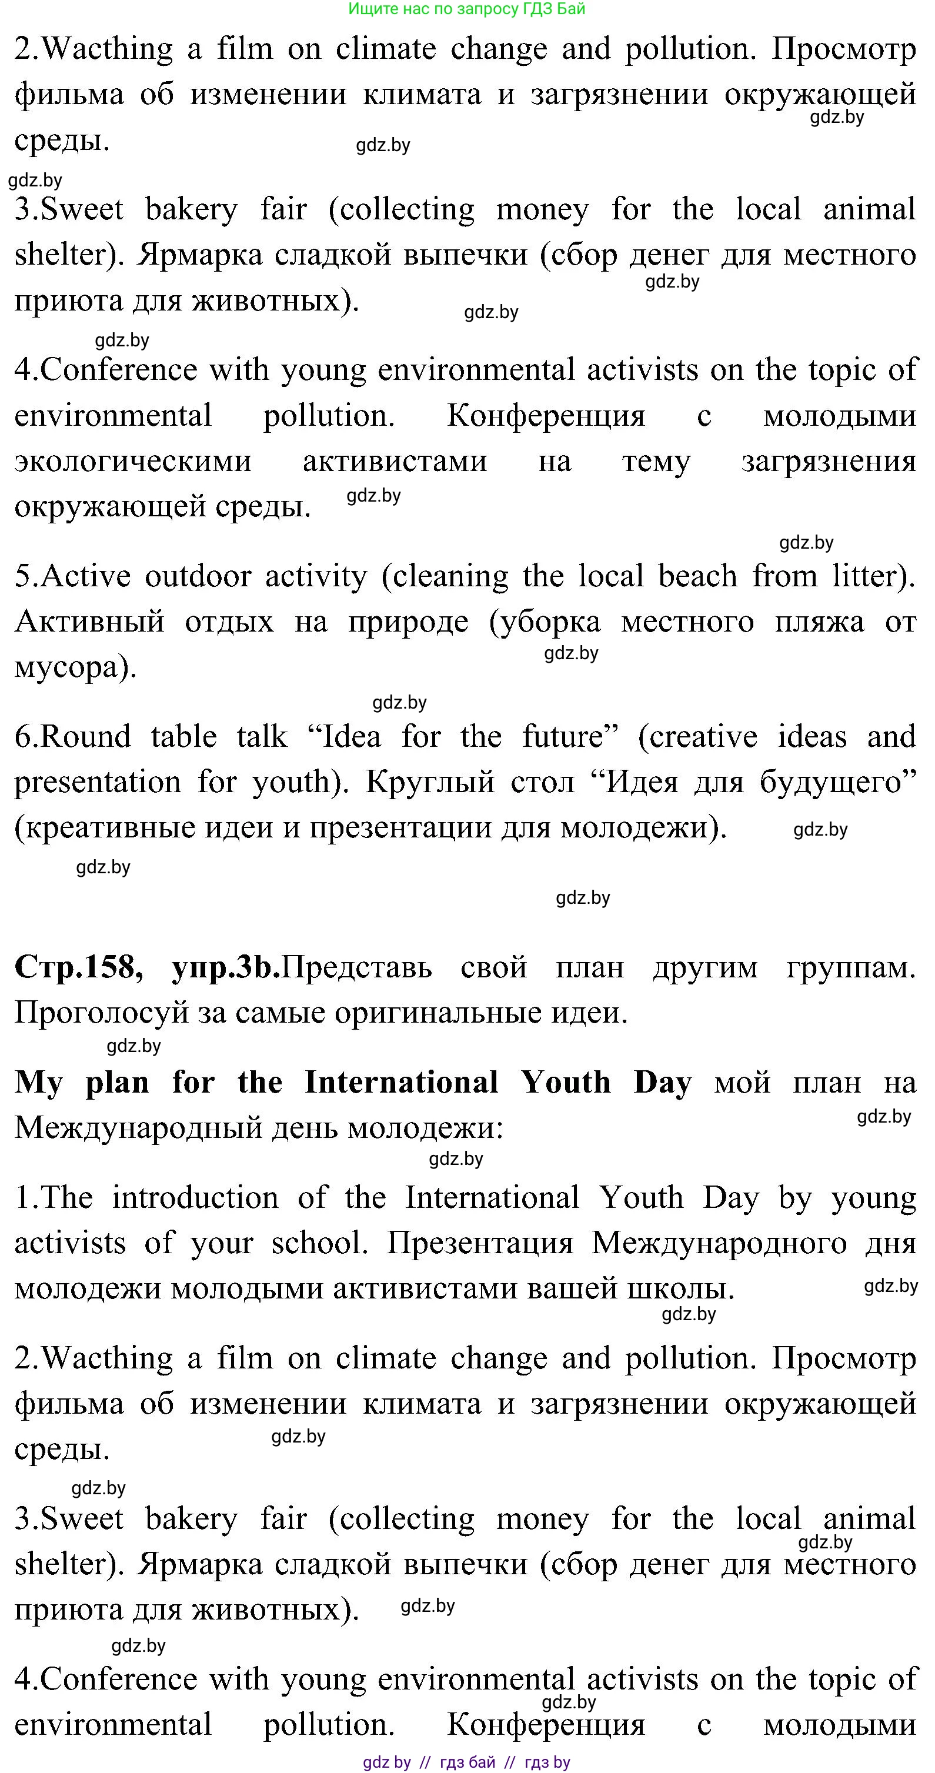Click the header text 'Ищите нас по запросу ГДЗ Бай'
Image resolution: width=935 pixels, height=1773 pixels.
467,9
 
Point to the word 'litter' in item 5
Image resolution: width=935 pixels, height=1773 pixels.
863,576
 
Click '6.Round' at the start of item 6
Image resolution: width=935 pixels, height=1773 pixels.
72,736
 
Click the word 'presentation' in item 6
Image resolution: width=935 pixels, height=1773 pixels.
97,783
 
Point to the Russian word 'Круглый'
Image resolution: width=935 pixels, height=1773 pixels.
430,783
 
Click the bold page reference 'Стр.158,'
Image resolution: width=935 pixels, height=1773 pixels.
78,967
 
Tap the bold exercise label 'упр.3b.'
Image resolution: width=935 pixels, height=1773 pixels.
226,967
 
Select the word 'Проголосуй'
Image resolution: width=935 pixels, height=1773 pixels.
101,1013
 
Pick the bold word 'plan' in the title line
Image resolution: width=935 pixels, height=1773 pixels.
117,1083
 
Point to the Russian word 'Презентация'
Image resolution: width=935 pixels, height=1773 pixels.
480,1243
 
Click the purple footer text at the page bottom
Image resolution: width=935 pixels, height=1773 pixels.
467,1762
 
